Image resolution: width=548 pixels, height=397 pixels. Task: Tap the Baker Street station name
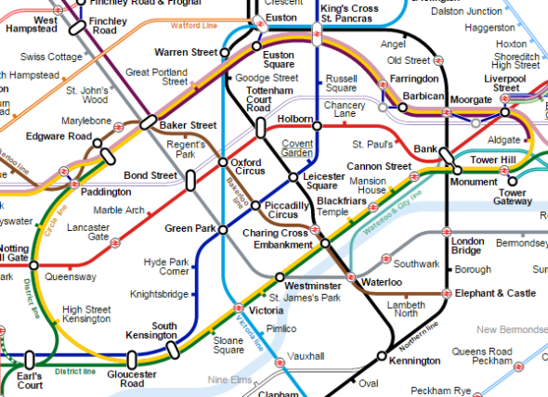[x=189, y=125]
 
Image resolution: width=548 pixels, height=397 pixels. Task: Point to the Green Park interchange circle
[x=224, y=229]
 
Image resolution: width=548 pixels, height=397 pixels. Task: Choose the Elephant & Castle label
[x=495, y=293]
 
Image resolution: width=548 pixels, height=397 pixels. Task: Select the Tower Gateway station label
[x=513, y=197]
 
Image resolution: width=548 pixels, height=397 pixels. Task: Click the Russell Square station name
[x=343, y=84]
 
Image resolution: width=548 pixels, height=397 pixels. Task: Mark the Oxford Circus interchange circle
[x=223, y=163]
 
